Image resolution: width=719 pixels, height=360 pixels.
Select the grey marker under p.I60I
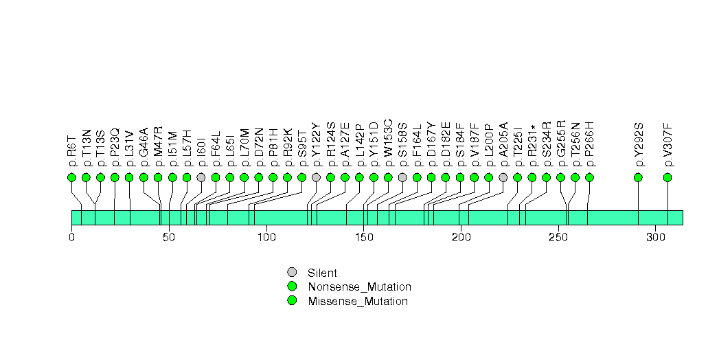201,177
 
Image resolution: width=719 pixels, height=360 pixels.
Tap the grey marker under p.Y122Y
316,177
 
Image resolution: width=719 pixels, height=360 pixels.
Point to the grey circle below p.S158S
402,177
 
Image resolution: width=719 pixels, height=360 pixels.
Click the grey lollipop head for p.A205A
503,177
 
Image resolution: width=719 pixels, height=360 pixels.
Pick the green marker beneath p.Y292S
638,177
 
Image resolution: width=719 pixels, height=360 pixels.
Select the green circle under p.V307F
667,177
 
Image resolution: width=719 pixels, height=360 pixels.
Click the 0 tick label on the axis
71,238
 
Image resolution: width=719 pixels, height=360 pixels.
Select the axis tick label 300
655,238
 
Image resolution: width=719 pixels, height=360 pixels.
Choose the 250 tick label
558,238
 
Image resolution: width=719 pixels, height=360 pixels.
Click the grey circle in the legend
292,272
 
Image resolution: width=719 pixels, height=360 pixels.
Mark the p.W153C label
388,143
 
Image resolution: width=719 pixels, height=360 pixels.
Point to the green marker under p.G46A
144,177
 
